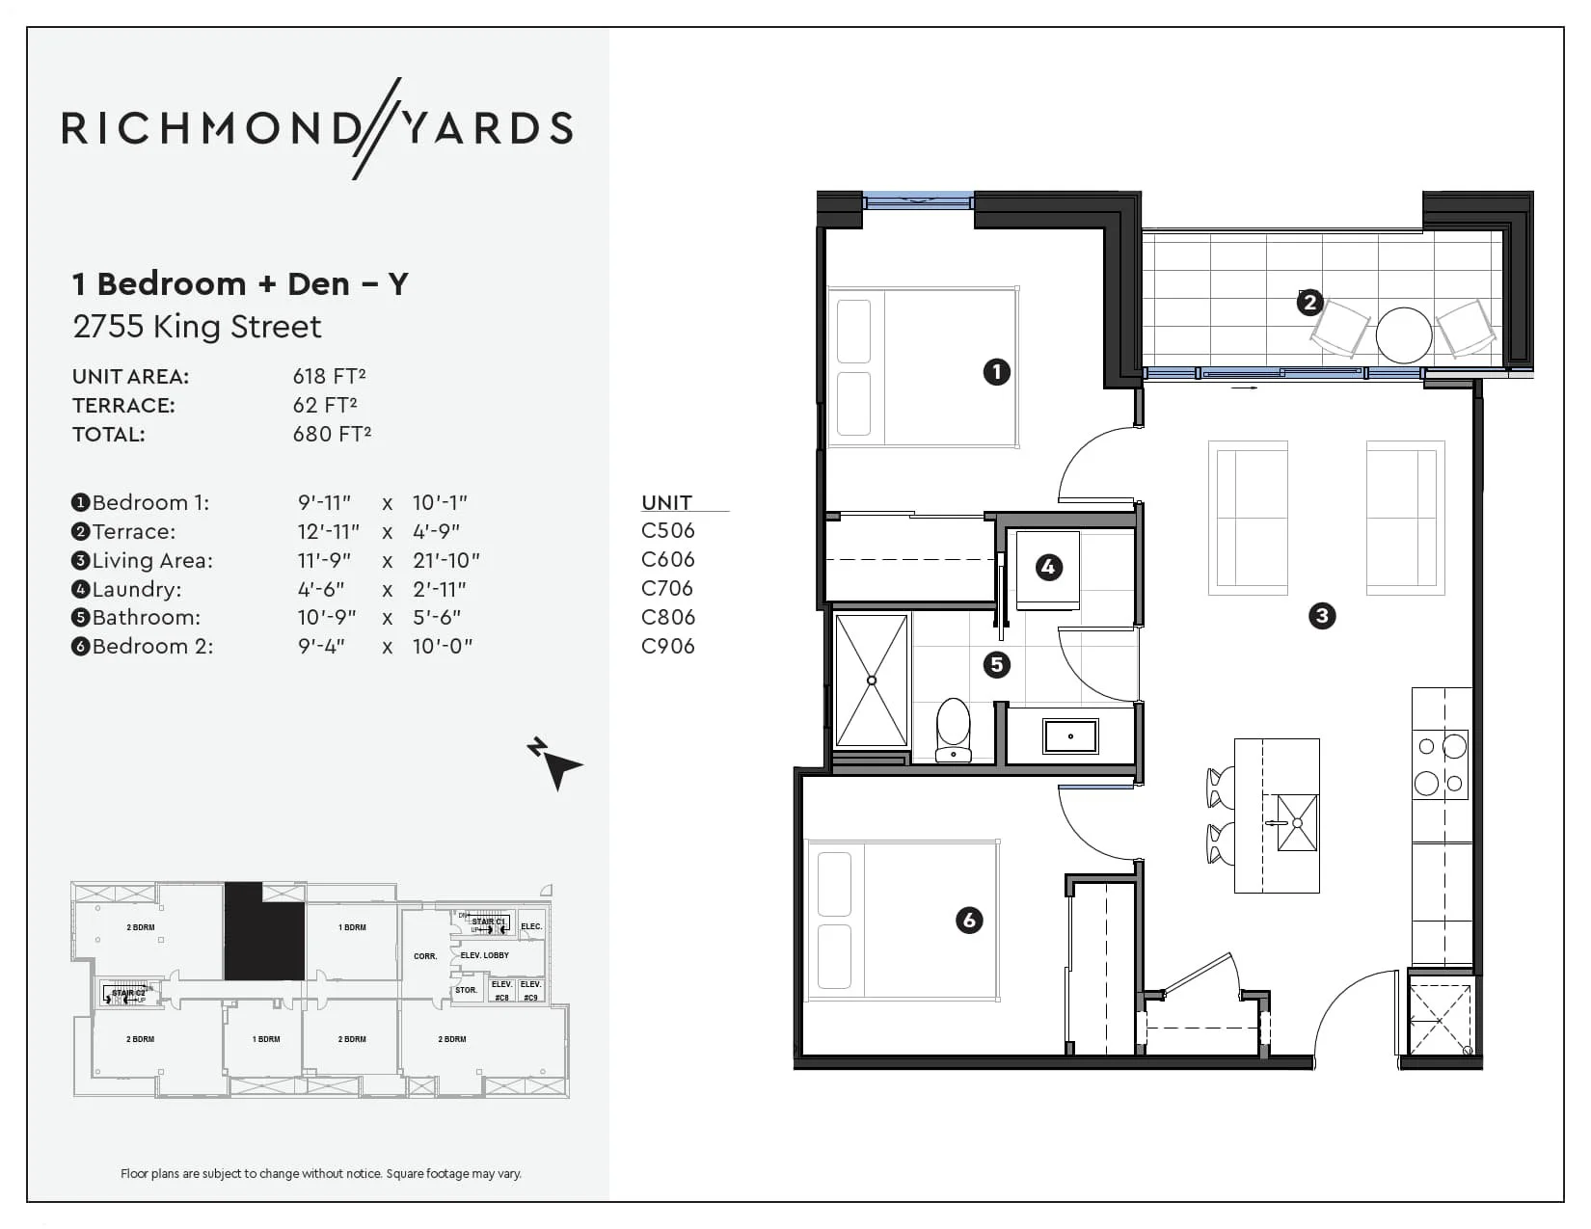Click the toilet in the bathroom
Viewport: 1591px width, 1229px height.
[x=954, y=729]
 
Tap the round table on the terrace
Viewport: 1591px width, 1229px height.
[x=1403, y=334]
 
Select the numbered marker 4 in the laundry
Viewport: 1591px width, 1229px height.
[x=1048, y=567]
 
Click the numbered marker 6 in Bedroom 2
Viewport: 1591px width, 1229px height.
[x=969, y=920]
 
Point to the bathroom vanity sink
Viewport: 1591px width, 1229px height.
[x=1070, y=736]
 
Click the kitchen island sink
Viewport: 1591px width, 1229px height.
[x=1297, y=822]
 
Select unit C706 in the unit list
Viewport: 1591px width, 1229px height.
[x=667, y=588]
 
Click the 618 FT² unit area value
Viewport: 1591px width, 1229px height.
[x=329, y=376]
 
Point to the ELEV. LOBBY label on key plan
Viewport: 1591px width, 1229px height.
[x=484, y=955]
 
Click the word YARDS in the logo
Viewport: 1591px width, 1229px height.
[x=487, y=129]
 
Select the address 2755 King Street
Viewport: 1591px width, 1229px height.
[x=197, y=327]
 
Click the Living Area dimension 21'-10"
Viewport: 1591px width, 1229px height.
[x=445, y=560]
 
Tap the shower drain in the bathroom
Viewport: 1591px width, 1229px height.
[x=872, y=681]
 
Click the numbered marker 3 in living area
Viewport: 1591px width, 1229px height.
[x=1321, y=615]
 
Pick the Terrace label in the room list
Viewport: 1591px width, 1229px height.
[x=133, y=531]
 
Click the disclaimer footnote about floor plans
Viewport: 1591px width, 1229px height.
[x=320, y=1173]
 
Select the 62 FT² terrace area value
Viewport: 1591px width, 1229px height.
[x=325, y=405]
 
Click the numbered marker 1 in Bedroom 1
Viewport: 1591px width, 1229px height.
[x=996, y=371]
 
